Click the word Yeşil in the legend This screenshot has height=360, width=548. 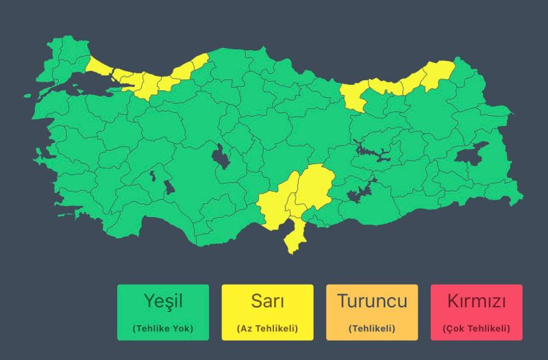click(x=162, y=301)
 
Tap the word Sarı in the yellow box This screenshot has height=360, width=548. click(x=267, y=301)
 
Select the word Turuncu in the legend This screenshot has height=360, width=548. click(x=372, y=301)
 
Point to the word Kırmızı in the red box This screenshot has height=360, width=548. click(x=476, y=301)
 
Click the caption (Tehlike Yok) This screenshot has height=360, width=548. click(x=162, y=329)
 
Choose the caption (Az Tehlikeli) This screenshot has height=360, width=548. click(x=267, y=329)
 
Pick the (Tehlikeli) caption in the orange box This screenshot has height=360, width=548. click(x=372, y=329)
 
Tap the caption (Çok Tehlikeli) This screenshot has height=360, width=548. click(x=476, y=329)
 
